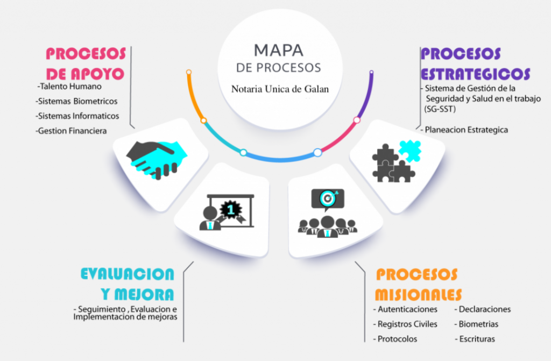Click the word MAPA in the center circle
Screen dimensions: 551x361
(279, 50)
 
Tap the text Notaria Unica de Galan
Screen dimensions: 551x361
(280, 89)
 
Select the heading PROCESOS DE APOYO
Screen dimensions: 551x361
(86, 64)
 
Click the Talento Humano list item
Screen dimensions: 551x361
(69, 87)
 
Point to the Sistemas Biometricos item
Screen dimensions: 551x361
(76, 101)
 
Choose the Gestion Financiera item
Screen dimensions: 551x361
(71, 131)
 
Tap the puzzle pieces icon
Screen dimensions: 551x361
(397, 161)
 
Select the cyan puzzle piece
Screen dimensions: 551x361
(409, 151)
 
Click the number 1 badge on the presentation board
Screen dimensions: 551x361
(230, 210)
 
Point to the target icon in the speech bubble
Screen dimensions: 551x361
(328, 199)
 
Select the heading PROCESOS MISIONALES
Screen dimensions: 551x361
(418, 285)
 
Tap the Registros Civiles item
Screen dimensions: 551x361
(405, 324)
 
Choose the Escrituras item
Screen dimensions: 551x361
(475, 339)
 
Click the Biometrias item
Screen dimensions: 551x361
(476, 324)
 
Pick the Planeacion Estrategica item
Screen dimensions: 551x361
(464, 130)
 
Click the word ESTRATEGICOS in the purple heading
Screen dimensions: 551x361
(476, 74)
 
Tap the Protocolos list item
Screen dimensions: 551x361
(395, 339)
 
